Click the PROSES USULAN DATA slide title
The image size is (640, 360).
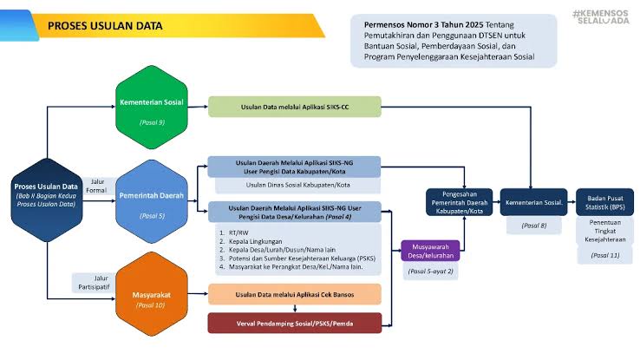point(104,26)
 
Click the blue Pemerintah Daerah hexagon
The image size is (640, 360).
point(152,202)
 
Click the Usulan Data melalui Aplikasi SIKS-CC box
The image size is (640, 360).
point(295,107)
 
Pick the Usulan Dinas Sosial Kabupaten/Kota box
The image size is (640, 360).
point(295,184)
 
